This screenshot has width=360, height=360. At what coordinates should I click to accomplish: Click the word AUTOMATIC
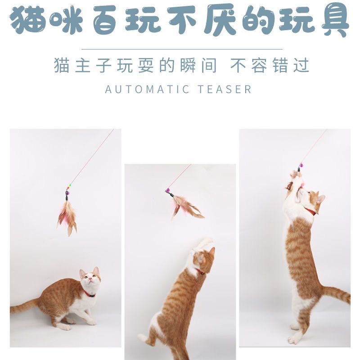(x=147, y=89)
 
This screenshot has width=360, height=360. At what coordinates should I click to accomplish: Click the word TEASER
(x=225, y=89)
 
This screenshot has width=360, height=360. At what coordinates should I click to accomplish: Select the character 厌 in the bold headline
(x=220, y=20)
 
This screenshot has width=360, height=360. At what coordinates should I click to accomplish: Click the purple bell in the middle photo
(x=167, y=190)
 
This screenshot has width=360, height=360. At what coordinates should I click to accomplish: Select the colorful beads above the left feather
(x=69, y=186)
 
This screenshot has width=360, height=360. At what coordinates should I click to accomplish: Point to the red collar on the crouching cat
(x=89, y=294)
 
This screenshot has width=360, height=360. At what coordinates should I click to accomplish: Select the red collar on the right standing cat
(x=310, y=211)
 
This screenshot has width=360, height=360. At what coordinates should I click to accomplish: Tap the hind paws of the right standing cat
(x=296, y=334)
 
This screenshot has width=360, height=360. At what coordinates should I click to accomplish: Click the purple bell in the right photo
(x=301, y=165)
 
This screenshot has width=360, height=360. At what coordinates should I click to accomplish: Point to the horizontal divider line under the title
(x=182, y=49)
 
